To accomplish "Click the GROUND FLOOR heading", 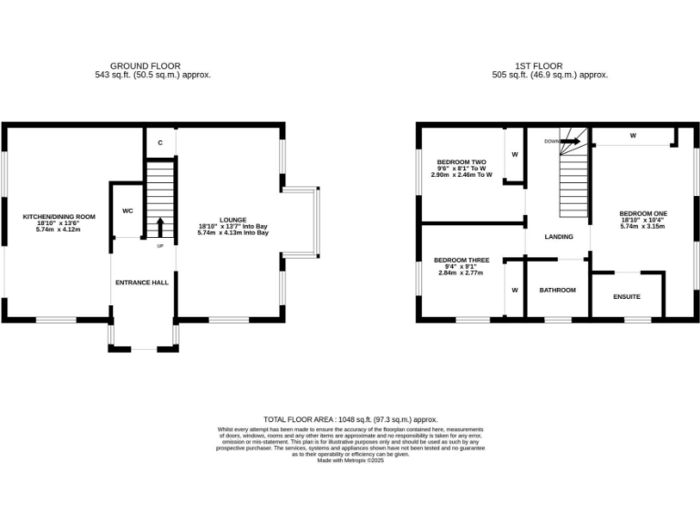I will [145, 66].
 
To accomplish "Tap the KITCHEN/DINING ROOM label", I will [58, 217].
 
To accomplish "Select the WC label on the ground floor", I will [128, 211].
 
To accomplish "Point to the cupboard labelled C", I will [160, 143].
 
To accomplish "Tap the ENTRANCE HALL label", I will [141, 283].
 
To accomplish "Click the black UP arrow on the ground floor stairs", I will [160, 224].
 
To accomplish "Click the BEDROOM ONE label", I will [643, 213].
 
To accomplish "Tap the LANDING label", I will [559, 237].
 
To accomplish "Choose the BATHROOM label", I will [557, 291].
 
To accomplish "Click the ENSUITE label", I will [626, 297].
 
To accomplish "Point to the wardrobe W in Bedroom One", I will [632, 137].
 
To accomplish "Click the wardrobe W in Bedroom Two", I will [515, 154].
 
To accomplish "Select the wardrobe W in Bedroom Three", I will [515, 290].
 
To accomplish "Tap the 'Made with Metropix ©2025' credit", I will [350, 460].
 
